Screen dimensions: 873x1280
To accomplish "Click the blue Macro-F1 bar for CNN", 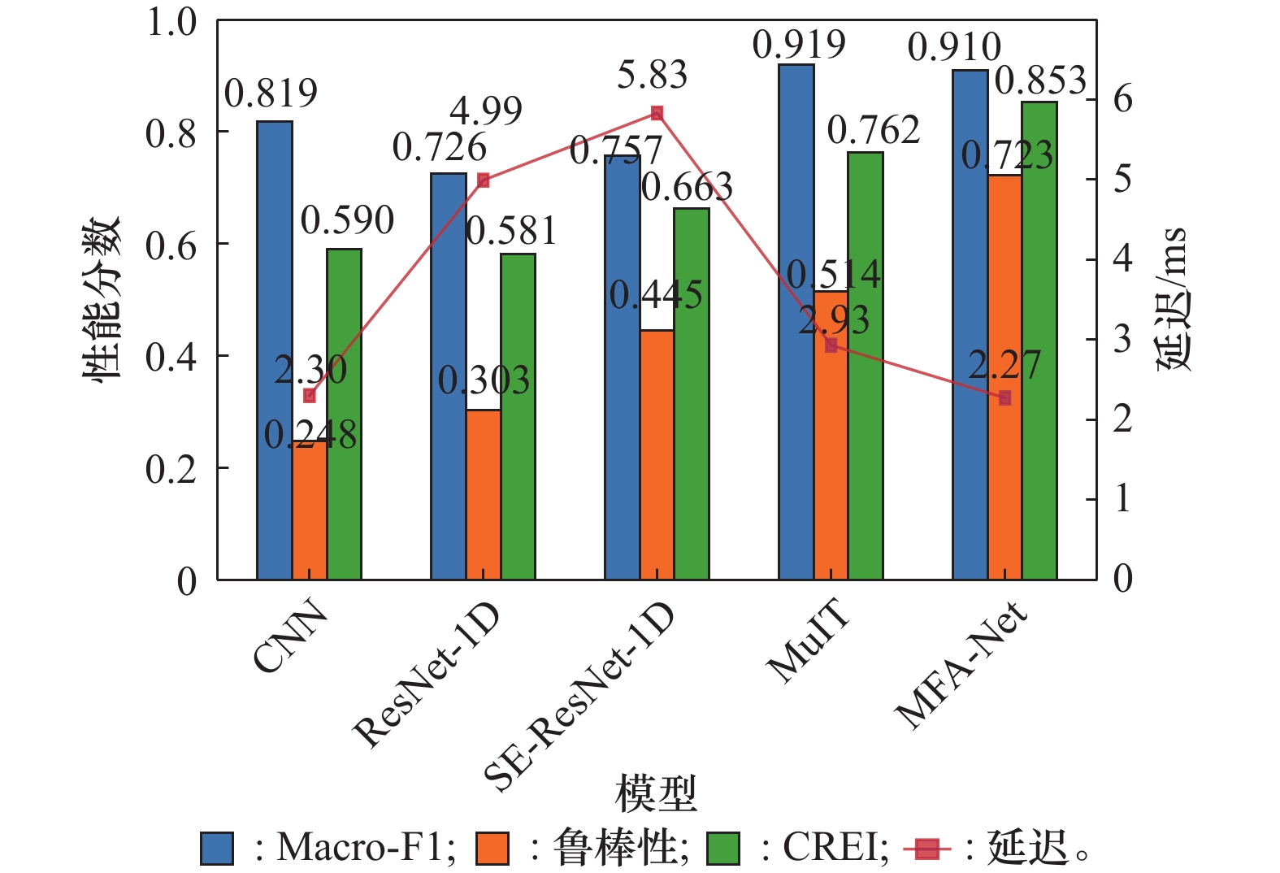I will tap(275, 350).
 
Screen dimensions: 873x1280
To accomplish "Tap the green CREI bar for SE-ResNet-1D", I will tap(692, 393).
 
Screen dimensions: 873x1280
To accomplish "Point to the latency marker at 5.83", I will tap(657, 113).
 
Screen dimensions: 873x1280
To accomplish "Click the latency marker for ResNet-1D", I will tap(484, 180).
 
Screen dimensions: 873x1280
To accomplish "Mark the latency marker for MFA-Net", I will tap(1005, 397).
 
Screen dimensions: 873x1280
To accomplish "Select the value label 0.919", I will tap(799, 45).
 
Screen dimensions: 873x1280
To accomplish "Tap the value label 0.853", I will tap(1040, 80).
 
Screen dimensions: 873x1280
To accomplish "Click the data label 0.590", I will tap(347, 220).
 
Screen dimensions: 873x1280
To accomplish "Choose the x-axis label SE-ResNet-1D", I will tap(579, 697).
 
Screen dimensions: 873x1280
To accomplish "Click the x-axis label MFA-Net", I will tap(961, 665).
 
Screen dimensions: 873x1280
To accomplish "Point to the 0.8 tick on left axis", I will tap(171, 132).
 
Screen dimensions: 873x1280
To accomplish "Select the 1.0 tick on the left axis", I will tap(171, 22).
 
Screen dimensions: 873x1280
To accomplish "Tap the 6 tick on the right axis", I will tap(1122, 99).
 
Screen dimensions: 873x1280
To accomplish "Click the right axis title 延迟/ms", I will tap(1173, 299).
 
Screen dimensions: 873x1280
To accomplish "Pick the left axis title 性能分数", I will tap(102, 299).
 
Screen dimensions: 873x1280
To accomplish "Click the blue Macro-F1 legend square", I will tap(217, 849).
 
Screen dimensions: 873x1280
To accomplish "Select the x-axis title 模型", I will tap(656, 793).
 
